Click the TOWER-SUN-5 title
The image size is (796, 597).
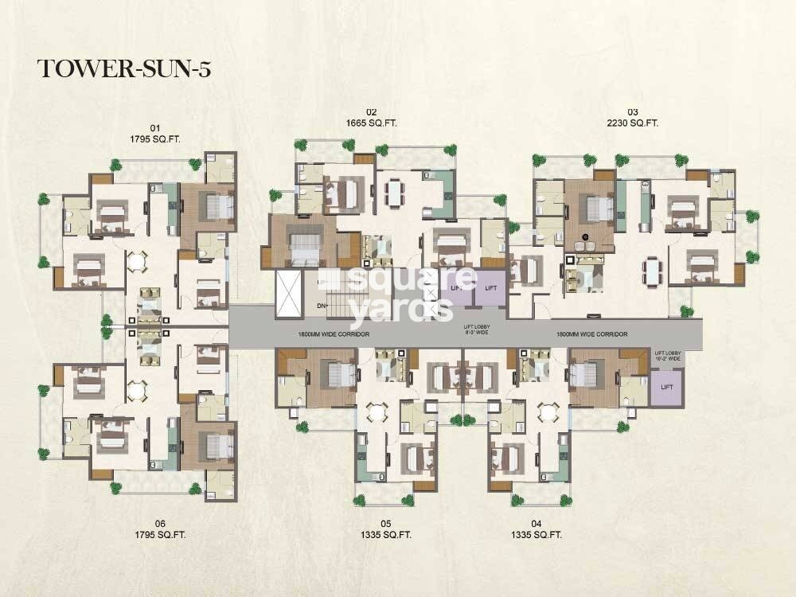pos(123,69)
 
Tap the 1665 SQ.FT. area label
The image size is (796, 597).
pos(371,123)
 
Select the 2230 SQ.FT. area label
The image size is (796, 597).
pos(633,123)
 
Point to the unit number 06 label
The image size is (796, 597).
pos(160,523)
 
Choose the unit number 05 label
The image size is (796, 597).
pos(386,523)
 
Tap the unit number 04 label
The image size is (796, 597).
pos(536,523)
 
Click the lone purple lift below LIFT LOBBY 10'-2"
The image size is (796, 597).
pos(667,388)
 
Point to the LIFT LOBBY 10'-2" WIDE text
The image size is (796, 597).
pos(669,356)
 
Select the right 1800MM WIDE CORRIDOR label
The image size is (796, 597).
pos(592,334)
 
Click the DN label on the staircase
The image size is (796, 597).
pos(322,306)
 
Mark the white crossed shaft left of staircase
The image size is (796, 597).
pos(288,294)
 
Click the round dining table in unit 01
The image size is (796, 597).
pos(137,260)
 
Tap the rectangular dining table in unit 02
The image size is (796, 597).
pos(394,192)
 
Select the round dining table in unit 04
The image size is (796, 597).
pos(546,413)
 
